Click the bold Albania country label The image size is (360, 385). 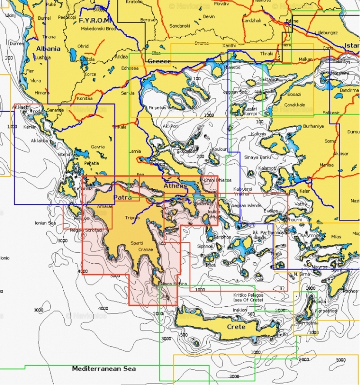coord(48,49)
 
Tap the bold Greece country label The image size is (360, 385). coord(159,61)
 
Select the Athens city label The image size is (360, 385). coord(175,185)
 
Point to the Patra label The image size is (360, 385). coord(122,198)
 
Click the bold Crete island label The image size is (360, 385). coord(236,327)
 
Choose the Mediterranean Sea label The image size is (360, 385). coord(104,369)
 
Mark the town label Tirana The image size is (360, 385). coord(49,37)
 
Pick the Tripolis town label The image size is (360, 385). coord(132,218)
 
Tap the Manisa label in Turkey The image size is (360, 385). coord(327,165)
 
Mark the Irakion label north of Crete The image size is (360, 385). coord(240,310)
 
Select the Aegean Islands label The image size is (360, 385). coord(246,206)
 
